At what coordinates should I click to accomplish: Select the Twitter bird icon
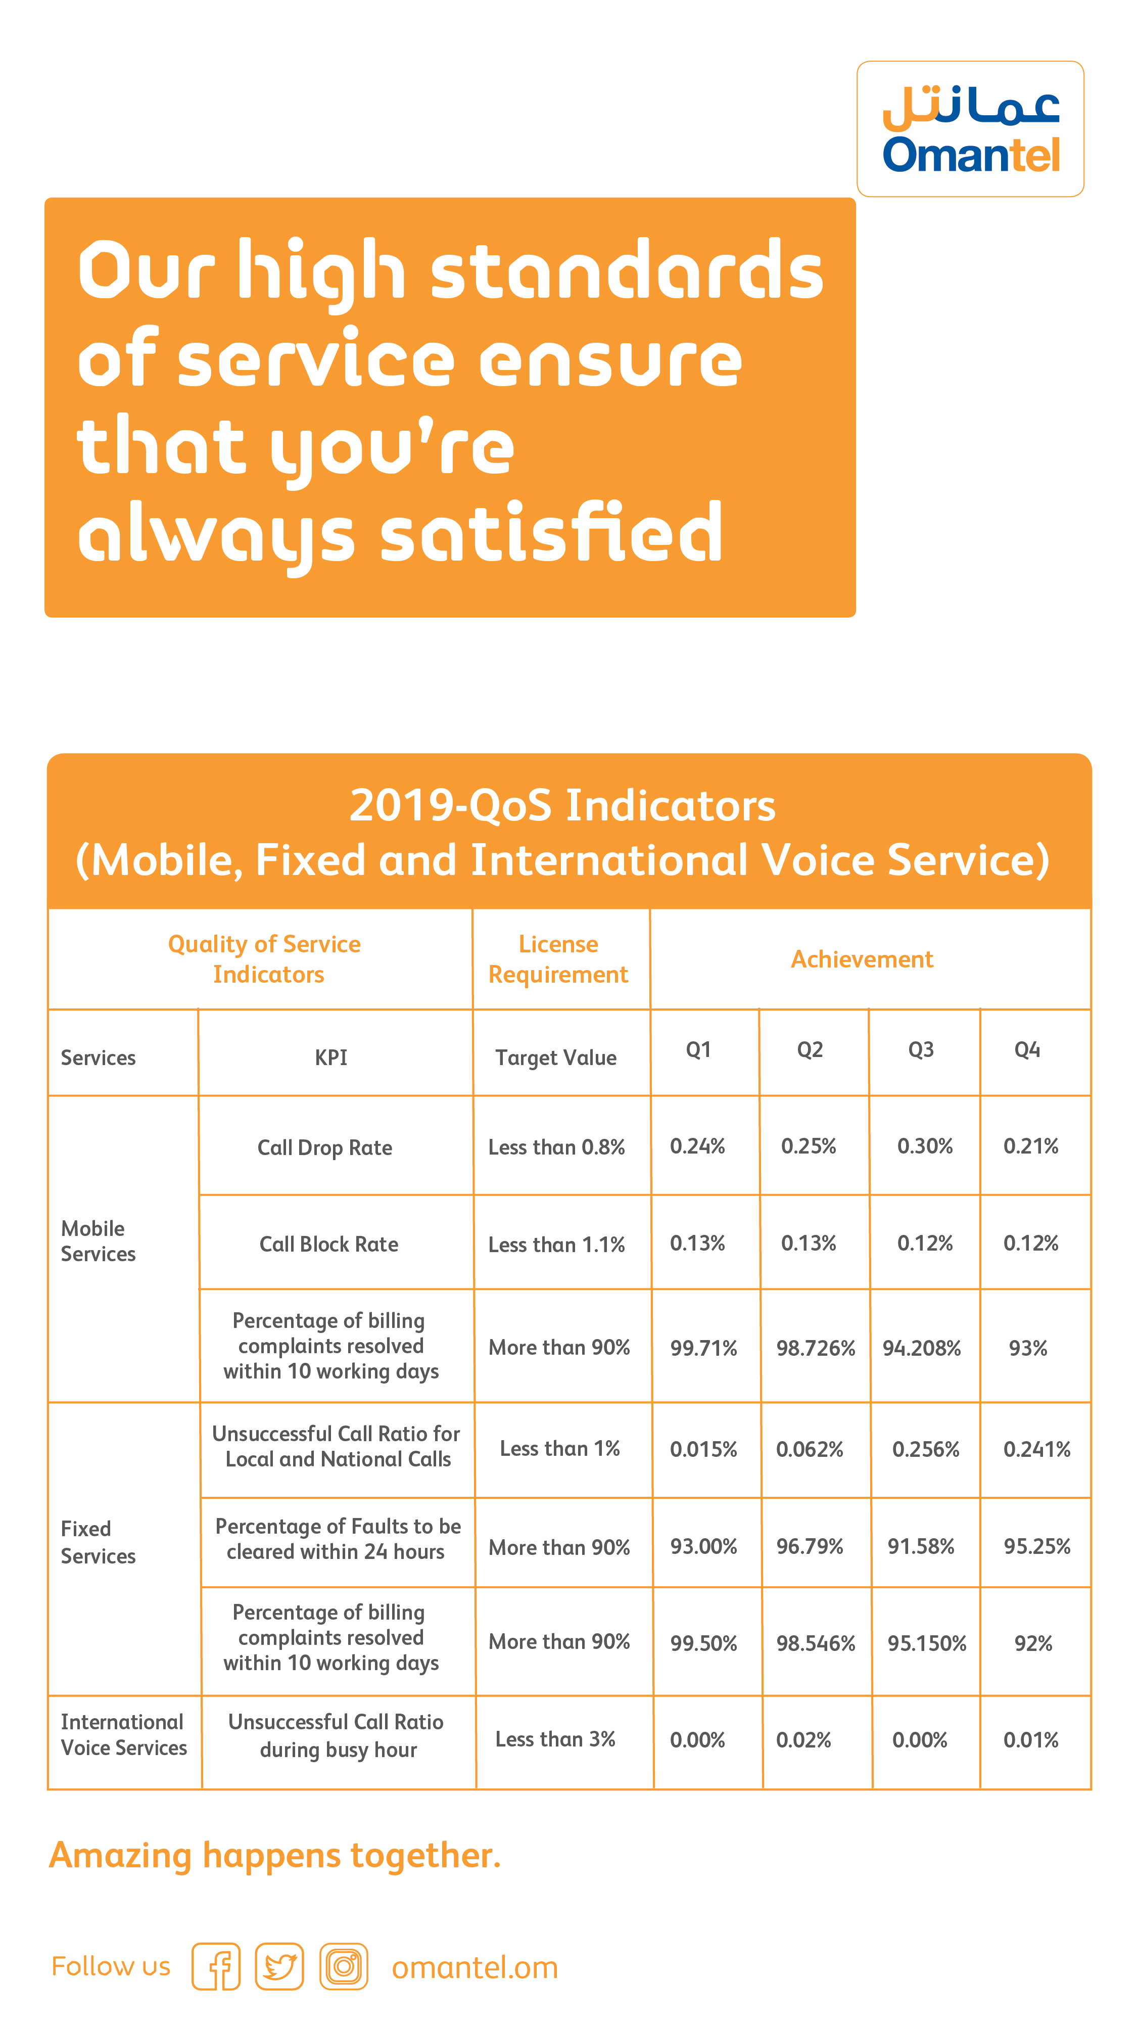point(279,1966)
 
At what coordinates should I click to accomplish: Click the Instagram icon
point(344,1966)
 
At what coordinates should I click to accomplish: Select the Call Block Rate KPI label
point(329,1244)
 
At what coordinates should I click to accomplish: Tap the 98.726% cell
point(815,1348)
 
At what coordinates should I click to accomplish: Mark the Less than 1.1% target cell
point(556,1244)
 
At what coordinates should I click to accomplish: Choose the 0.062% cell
point(809,1449)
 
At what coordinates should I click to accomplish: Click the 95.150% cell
point(927,1643)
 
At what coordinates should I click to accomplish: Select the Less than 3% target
point(555,1738)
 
